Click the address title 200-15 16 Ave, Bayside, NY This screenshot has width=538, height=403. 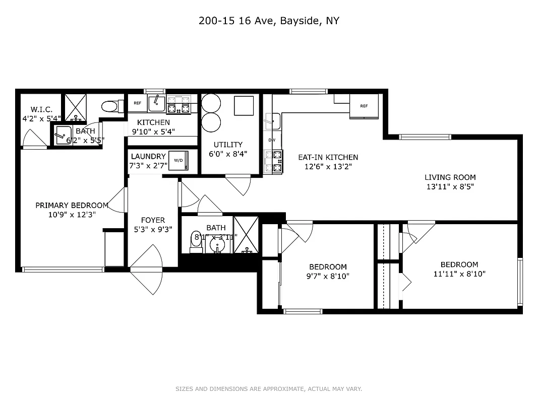(x=269, y=21)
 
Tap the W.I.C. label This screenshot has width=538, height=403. (x=41, y=109)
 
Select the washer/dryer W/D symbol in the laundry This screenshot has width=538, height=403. (x=178, y=160)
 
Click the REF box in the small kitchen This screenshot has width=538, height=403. (x=137, y=103)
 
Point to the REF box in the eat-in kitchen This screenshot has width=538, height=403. (x=364, y=106)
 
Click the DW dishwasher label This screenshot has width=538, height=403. (x=271, y=140)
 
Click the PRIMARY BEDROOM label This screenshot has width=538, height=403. (x=72, y=205)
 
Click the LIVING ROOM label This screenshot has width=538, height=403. (x=450, y=177)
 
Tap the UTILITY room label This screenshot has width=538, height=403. (x=228, y=145)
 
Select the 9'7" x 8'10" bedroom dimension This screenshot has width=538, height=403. (x=328, y=276)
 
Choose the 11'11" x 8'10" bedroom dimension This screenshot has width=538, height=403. (x=459, y=274)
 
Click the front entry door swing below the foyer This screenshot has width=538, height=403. (x=149, y=275)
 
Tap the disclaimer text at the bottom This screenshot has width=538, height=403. (x=269, y=389)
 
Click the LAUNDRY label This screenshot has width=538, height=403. (x=148, y=157)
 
